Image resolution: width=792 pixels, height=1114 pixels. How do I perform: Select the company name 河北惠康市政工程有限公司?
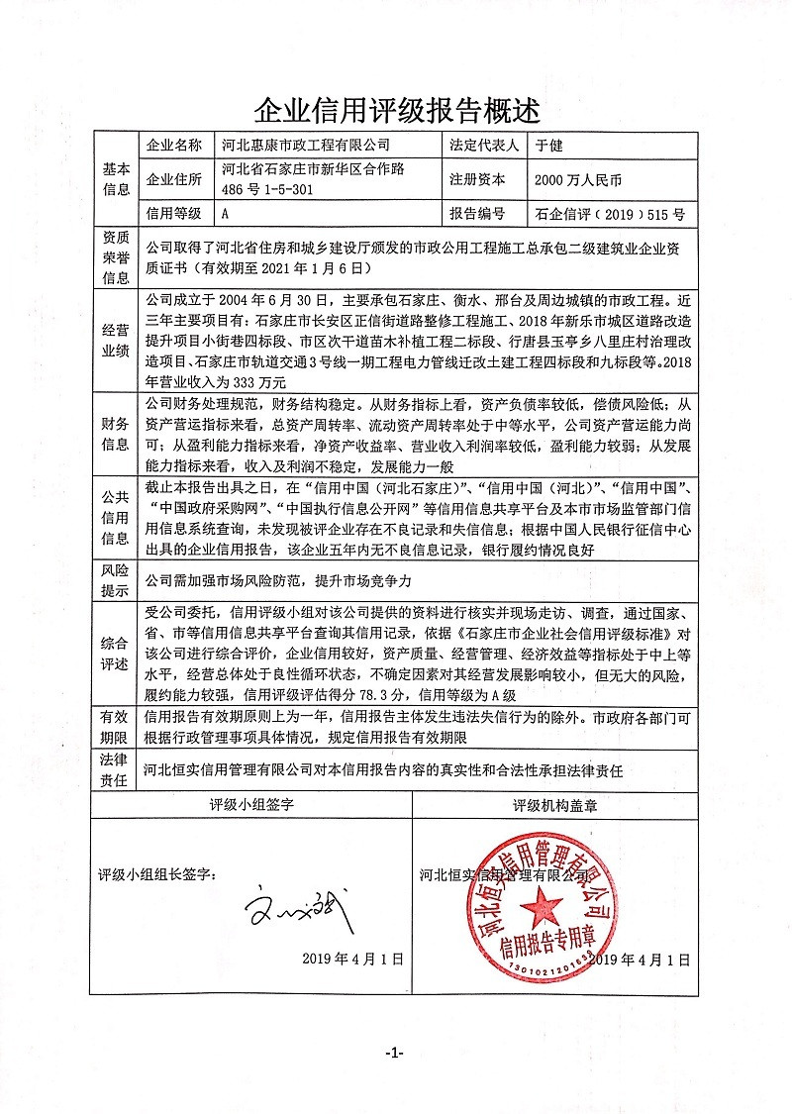309,146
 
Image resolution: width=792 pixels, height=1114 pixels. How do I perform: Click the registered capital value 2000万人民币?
578,180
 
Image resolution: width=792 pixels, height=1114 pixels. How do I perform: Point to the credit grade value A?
227,213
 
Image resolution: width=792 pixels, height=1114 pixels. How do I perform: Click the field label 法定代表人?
484,146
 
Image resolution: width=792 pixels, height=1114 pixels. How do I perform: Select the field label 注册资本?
477,180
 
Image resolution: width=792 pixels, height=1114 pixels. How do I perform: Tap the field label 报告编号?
477,213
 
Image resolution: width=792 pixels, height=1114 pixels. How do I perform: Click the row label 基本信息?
116,179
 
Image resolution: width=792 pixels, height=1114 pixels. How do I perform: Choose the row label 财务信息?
116,433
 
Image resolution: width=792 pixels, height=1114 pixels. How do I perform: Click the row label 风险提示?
116,581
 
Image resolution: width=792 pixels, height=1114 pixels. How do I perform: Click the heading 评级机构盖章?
554,806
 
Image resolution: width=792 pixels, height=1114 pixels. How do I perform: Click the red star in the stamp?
541,906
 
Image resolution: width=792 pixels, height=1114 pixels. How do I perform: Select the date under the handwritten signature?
354,960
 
